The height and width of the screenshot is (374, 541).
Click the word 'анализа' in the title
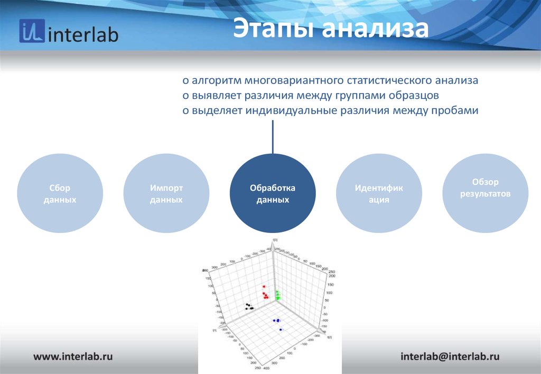point(376,29)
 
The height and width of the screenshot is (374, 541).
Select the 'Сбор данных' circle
point(60,194)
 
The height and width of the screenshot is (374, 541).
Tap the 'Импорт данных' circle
point(166,194)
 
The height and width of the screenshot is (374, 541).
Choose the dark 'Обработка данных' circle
point(273,194)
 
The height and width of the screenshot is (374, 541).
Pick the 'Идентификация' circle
point(379,194)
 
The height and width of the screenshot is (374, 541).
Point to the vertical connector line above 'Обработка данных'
point(273,136)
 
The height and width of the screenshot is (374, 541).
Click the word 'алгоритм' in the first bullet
point(214,81)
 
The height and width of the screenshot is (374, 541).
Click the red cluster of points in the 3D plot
point(265,293)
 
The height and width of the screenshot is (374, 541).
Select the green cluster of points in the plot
point(277,295)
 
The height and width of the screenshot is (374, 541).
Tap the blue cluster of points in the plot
point(277,321)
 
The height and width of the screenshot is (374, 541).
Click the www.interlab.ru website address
point(73,356)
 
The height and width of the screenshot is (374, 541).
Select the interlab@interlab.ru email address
point(450,356)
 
